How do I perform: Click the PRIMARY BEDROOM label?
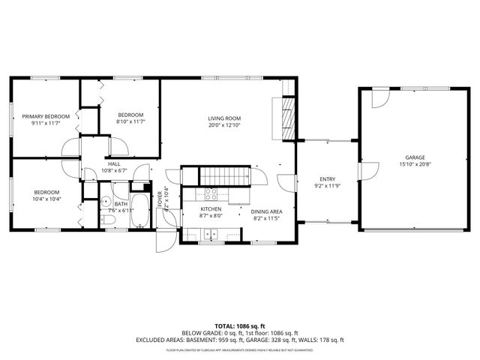(x=46, y=116)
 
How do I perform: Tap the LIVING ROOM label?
(x=224, y=118)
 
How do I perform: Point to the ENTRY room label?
(x=327, y=178)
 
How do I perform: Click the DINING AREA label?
(x=266, y=211)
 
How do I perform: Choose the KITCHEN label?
(x=211, y=209)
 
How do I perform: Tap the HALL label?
(x=114, y=163)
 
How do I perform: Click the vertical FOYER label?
(x=160, y=198)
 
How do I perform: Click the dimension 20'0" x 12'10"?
(x=224, y=125)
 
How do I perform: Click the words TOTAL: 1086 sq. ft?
(x=239, y=326)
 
